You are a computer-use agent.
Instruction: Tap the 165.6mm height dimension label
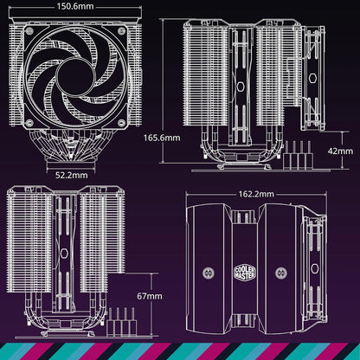tap(162, 137)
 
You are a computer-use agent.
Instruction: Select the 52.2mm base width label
tap(70, 174)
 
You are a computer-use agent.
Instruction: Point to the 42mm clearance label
tap(339, 149)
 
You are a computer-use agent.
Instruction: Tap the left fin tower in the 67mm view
tap(26, 251)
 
